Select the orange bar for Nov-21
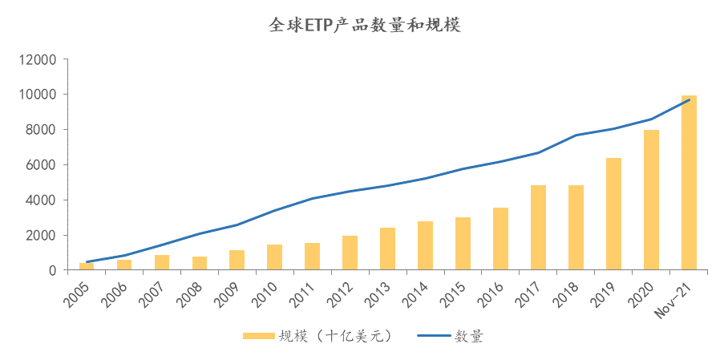click(689, 183)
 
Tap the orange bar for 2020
click(651, 200)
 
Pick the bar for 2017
click(538, 228)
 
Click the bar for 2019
click(613, 214)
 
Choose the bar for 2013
click(387, 249)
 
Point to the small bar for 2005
click(87, 266)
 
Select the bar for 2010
click(274, 257)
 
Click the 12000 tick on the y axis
click(38, 59)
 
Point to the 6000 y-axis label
click(42, 165)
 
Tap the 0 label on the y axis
click(52, 271)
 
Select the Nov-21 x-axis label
click(676, 299)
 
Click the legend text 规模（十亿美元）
click(334, 337)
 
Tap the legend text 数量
click(468, 337)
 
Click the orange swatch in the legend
click(257, 337)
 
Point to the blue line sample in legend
click(433, 337)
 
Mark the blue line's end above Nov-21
click(689, 99)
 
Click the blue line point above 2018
click(576, 136)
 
